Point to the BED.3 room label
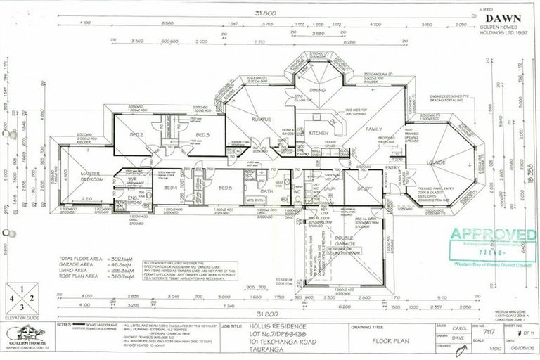coord(203,134)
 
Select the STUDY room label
coord(364,188)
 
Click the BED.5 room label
coord(225,188)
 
